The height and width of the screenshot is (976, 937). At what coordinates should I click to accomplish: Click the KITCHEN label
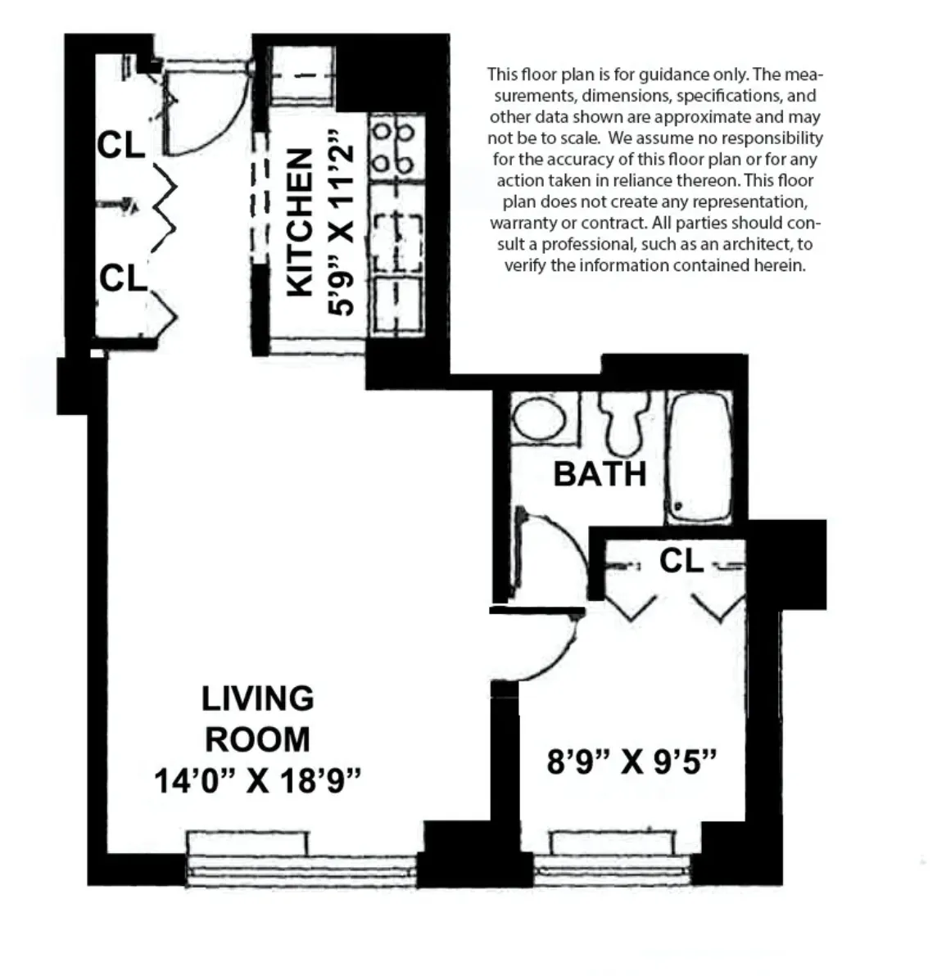click(x=301, y=222)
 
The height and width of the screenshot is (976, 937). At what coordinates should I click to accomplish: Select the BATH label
click(x=600, y=474)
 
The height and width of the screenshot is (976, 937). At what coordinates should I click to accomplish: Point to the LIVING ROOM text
click(x=257, y=719)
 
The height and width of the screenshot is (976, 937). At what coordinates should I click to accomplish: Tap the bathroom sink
click(x=540, y=418)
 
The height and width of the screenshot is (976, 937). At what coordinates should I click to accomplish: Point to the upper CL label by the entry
click(x=120, y=146)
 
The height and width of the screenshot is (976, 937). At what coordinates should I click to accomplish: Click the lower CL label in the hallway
click(x=122, y=278)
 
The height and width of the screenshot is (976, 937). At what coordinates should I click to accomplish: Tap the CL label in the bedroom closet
click(x=681, y=561)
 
